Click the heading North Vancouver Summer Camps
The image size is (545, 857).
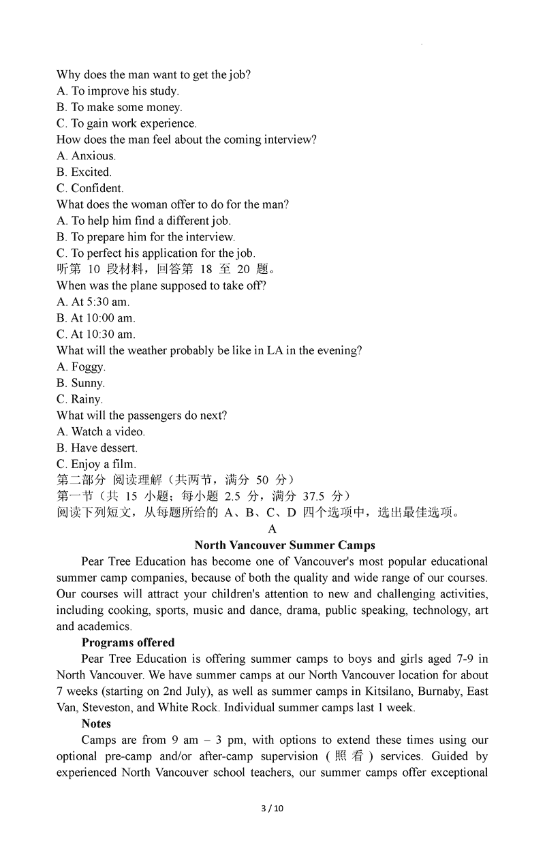[284, 545]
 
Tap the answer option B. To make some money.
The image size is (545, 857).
[119, 107]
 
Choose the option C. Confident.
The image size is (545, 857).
[90, 188]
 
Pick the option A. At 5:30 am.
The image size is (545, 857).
[93, 302]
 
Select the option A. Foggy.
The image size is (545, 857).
[80, 367]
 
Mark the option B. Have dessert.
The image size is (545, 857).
[97, 448]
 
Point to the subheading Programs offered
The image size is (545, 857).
[128, 642]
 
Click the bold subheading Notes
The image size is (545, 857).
[96, 723]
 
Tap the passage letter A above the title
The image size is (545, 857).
[272, 529]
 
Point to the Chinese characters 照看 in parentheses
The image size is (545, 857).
[351, 756]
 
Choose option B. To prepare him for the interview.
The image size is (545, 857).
[146, 237]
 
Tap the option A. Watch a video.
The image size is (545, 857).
[101, 431]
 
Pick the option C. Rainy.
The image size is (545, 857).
[80, 399]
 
